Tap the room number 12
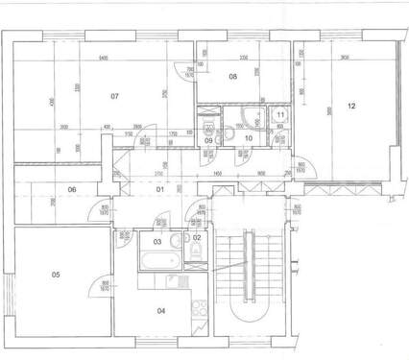click(x=351, y=106)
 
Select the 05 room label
click(x=56, y=276)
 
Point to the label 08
click(x=232, y=76)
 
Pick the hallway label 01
click(x=161, y=189)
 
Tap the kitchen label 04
click(x=161, y=309)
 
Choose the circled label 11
click(x=279, y=114)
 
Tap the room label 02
click(x=196, y=236)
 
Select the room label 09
click(x=208, y=140)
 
